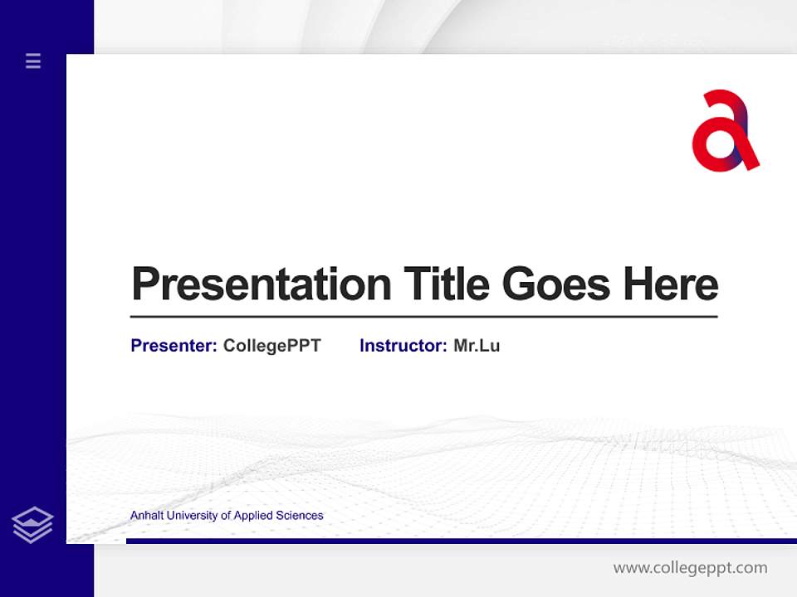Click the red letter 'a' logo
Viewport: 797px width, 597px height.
tap(724, 132)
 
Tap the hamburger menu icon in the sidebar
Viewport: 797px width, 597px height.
tap(33, 61)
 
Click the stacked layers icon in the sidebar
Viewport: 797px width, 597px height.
tap(32, 525)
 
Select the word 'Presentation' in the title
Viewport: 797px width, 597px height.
tap(262, 284)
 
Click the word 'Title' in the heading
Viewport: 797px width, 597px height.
tap(447, 284)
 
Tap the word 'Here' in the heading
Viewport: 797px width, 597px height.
tap(671, 284)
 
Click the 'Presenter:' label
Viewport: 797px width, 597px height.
tap(174, 346)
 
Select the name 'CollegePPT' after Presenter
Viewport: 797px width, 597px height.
tap(271, 346)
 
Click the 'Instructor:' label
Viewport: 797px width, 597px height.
tap(403, 346)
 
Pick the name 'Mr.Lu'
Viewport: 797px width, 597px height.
tap(477, 346)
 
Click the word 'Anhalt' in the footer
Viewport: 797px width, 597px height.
tap(147, 516)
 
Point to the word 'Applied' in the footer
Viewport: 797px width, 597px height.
tap(253, 516)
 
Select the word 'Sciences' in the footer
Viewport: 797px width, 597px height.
tap(300, 516)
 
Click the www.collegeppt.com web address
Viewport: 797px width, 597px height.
tap(690, 568)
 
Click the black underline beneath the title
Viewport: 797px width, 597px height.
tap(423, 317)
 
